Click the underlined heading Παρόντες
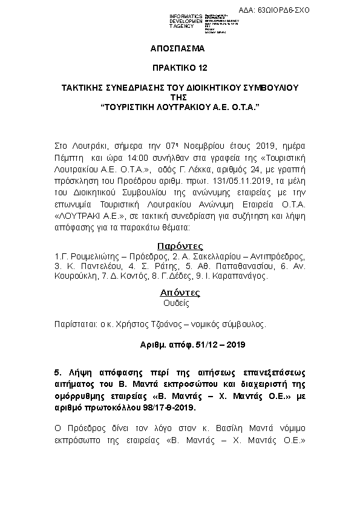coord(180,246)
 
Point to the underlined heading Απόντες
coord(180,293)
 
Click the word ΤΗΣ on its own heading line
coord(180,97)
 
